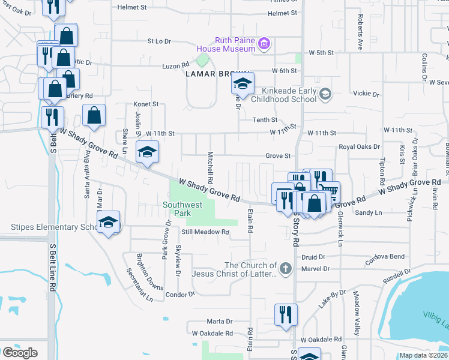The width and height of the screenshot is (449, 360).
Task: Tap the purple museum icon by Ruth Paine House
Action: click(x=265, y=44)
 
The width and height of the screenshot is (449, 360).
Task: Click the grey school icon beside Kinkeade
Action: click(x=325, y=94)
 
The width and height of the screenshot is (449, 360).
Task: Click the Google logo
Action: click(x=20, y=352)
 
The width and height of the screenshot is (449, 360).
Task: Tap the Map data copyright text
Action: click(x=423, y=355)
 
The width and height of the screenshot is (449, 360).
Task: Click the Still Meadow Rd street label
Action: click(x=206, y=232)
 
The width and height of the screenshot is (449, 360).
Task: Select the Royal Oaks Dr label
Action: click(x=360, y=146)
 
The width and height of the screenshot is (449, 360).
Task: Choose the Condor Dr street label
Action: click(x=180, y=295)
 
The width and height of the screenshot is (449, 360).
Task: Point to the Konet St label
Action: click(x=146, y=104)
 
